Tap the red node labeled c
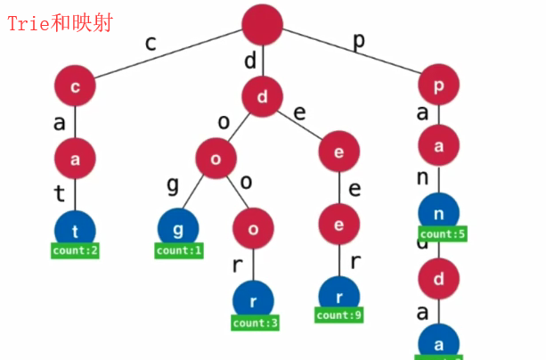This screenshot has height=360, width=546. point(75,87)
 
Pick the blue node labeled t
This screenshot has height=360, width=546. point(75,228)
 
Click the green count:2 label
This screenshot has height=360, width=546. point(75,250)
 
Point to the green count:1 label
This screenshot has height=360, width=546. point(179,250)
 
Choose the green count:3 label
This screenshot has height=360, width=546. point(254,321)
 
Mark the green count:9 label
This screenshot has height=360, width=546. point(339,315)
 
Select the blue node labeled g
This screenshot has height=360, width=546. point(179,227)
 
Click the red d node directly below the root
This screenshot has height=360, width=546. point(263,96)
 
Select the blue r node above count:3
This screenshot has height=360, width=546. point(254,299)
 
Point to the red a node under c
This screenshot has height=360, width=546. point(75,159)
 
